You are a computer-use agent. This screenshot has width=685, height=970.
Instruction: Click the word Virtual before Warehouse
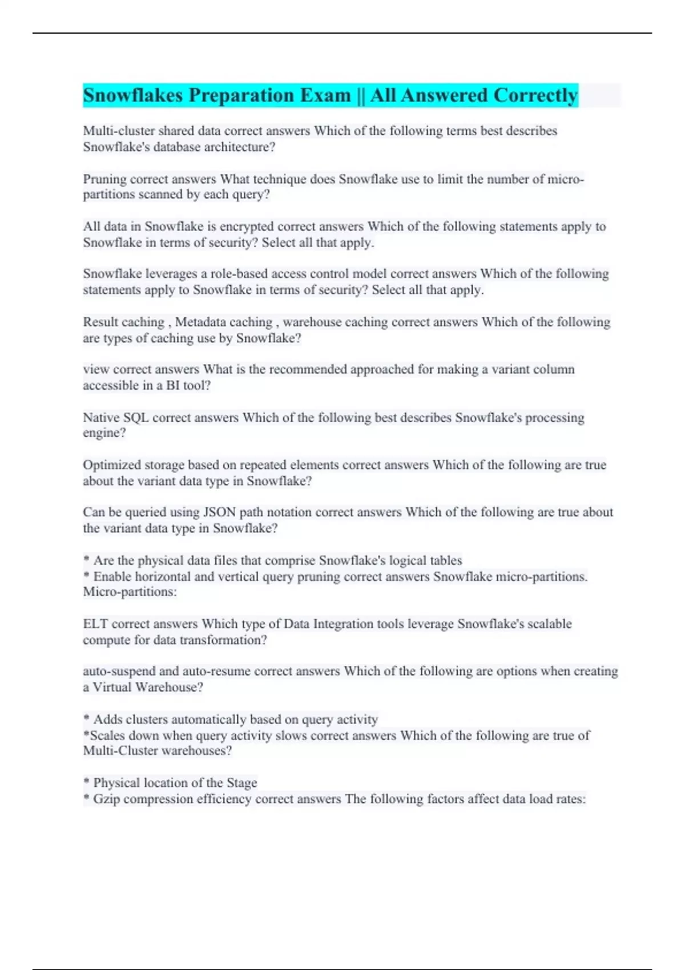pyautogui.click(x=112, y=688)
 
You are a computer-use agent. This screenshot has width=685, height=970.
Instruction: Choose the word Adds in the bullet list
pyautogui.click(x=106, y=720)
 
